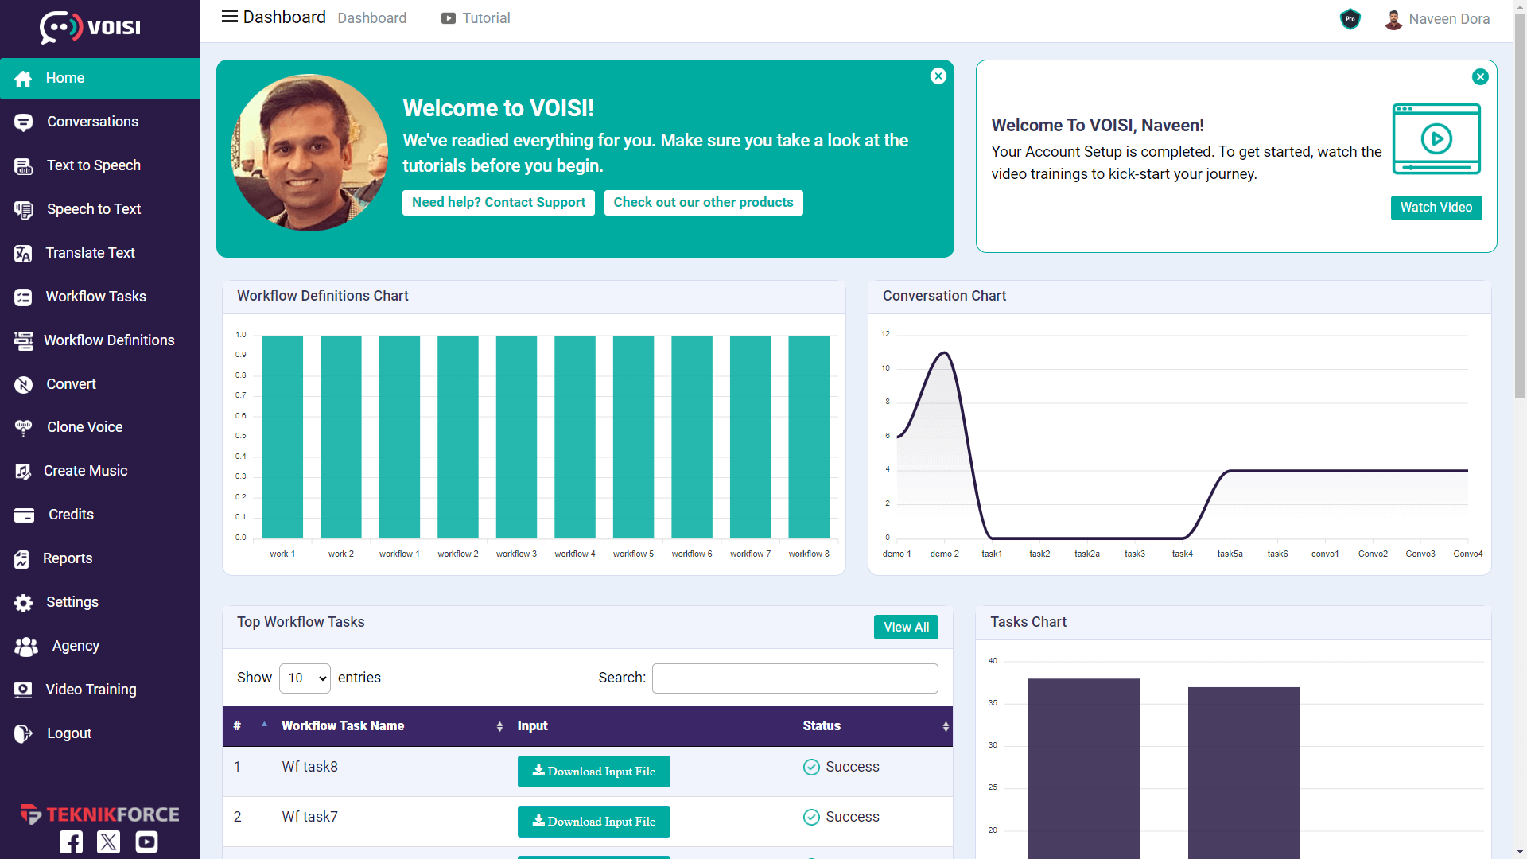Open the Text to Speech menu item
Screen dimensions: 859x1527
coord(93,165)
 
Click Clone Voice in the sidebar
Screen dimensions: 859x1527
coord(84,427)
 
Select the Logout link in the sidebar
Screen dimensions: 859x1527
coord(68,733)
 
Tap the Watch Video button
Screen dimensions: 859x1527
coord(1436,208)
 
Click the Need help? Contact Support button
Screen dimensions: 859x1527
coord(498,203)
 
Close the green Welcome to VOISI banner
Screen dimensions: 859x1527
coord(938,76)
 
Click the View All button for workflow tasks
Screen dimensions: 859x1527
coord(906,627)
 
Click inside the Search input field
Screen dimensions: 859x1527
coord(795,678)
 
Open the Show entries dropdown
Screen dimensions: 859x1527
coord(305,678)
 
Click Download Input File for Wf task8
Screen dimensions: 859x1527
coord(593,772)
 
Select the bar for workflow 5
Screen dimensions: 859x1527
coord(633,437)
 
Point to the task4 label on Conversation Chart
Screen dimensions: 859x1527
coord(1182,554)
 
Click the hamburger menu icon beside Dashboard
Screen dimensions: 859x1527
coord(229,17)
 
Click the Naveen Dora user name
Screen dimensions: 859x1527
coord(1448,19)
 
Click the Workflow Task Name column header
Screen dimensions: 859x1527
coord(343,726)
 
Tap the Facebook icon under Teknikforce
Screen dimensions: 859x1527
coord(71,842)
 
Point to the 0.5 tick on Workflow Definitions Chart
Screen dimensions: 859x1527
coord(240,436)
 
